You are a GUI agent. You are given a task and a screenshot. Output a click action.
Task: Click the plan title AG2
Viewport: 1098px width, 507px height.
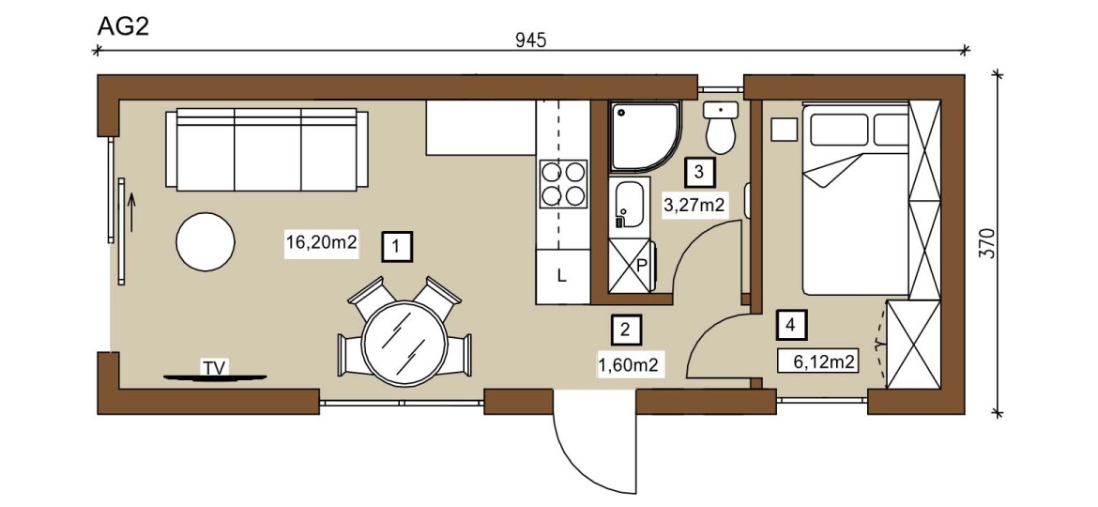click(x=123, y=26)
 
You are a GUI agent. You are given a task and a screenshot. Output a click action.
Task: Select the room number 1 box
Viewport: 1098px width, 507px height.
click(x=397, y=247)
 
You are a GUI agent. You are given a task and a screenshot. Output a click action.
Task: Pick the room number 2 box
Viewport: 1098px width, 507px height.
click(x=626, y=330)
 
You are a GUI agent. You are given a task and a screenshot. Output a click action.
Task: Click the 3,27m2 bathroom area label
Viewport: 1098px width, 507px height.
click(x=692, y=206)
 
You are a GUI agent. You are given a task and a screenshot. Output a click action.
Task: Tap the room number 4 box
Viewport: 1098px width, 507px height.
click(x=790, y=325)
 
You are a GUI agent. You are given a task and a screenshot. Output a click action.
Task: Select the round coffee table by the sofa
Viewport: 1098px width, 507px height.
click(x=206, y=241)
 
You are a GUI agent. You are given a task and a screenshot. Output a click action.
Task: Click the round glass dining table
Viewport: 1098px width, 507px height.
click(x=404, y=343)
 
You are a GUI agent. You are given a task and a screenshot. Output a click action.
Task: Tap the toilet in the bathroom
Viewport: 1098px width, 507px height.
click(x=720, y=128)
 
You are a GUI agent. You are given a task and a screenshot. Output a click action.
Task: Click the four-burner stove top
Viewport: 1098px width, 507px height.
click(x=562, y=183)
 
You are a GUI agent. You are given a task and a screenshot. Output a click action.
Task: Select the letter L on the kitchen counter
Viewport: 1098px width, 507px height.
click(x=561, y=276)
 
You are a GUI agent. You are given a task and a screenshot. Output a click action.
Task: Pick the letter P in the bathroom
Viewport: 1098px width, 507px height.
click(x=642, y=265)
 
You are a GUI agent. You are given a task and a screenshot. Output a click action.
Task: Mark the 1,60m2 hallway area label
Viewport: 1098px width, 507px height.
click(x=627, y=364)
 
